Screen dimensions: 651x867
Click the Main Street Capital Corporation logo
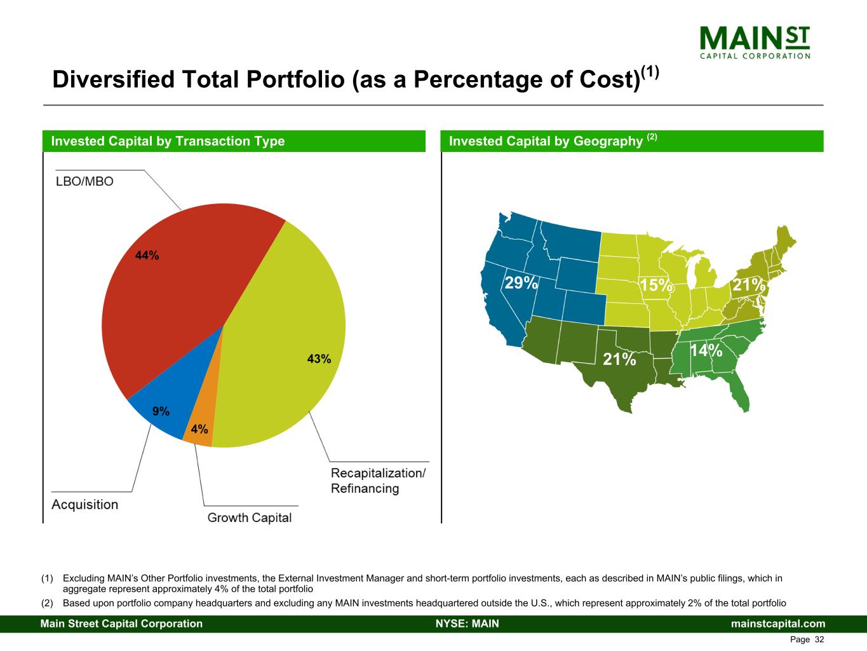point(755,42)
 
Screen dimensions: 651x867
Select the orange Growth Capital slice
point(201,426)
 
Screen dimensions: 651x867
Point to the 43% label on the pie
point(319,359)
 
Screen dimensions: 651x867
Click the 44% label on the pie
point(147,256)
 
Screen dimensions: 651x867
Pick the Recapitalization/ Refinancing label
point(378,481)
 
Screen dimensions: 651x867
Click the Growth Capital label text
point(250,517)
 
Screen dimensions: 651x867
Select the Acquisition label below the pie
point(84,504)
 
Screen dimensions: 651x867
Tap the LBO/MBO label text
point(84,182)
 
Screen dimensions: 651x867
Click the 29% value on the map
point(521,283)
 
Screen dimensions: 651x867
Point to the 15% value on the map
point(655,285)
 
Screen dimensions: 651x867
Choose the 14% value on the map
point(706,350)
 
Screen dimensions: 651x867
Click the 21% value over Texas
point(619,360)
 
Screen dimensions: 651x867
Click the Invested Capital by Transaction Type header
point(168,141)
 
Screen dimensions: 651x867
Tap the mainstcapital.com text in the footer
point(778,624)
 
